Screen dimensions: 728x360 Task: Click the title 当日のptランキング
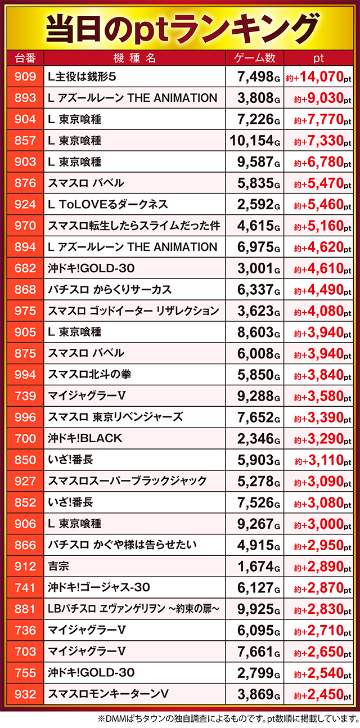point(180,26)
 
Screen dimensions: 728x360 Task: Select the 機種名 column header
point(134,59)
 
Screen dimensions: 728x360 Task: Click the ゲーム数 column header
point(254,59)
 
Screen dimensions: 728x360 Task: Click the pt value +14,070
point(319,77)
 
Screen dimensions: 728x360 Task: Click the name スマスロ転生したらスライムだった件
point(133,225)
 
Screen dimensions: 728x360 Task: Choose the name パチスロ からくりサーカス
point(110,289)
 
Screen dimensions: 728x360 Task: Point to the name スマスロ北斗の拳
point(90,374)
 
